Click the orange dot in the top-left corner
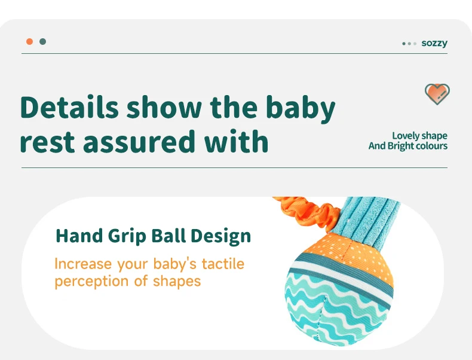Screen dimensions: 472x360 29,42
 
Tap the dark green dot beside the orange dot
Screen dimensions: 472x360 43,42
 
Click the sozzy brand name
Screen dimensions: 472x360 434,44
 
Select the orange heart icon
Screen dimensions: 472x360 437,94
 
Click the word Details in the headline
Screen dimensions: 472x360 69,107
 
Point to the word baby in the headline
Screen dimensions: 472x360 301,109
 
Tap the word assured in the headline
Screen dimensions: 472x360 139,142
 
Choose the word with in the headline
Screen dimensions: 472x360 236,141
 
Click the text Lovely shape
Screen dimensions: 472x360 419,136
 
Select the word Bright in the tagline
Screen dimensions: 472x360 400,146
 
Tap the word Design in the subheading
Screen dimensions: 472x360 220,236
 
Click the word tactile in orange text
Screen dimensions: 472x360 223,264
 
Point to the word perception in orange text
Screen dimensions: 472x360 92,282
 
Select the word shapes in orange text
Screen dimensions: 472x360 177,282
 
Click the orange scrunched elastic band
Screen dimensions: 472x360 307,212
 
